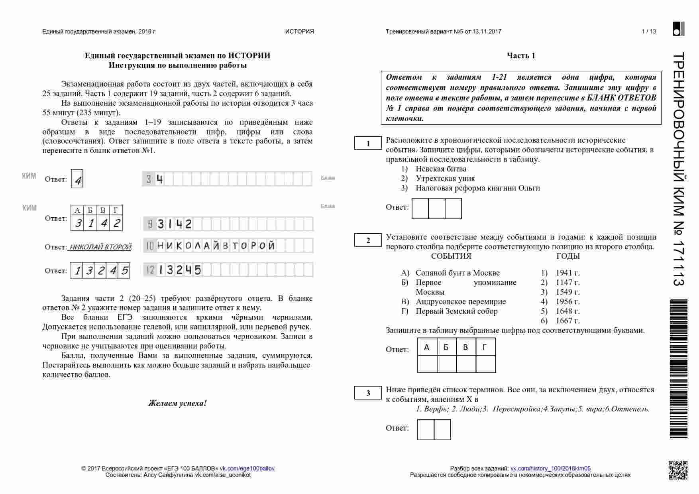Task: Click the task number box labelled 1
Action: point(368,144)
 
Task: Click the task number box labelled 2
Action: point(368,240)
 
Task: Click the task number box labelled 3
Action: point(368,393)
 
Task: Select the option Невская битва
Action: point(441,169)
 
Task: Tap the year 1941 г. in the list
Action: point(567,273)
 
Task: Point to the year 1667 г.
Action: point(567,321)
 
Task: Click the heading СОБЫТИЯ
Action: point(451,256)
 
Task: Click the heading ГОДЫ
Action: point(568,256)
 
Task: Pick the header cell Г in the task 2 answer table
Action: point(485,347)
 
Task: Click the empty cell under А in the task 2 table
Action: point(427,364)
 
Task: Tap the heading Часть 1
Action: point(521,56)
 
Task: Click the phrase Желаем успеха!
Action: point(178,403)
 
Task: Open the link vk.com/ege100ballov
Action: point(247,468)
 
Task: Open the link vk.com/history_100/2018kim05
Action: point(550,468)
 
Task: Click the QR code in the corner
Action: point(678,470)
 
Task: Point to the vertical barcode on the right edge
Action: point(679,369)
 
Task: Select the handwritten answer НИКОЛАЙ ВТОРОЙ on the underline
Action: point(100,247)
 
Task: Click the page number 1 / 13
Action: point(649,31)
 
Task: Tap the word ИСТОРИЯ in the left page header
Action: point(299,31)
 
